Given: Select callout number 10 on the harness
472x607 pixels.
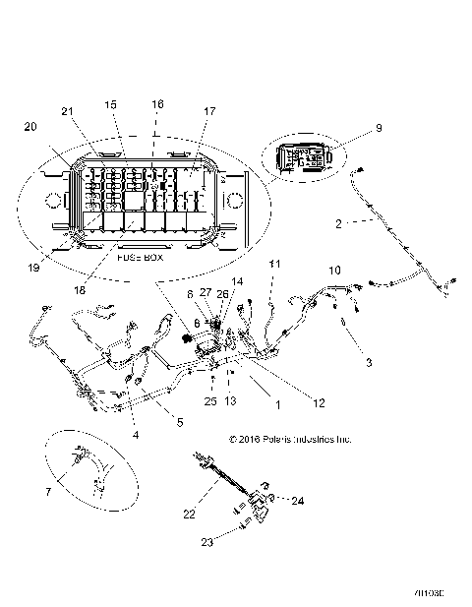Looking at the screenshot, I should tap(335, 269).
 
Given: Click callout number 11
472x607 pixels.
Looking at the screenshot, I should tap(275, 263).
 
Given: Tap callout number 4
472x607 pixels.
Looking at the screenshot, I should tap(136, 434).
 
